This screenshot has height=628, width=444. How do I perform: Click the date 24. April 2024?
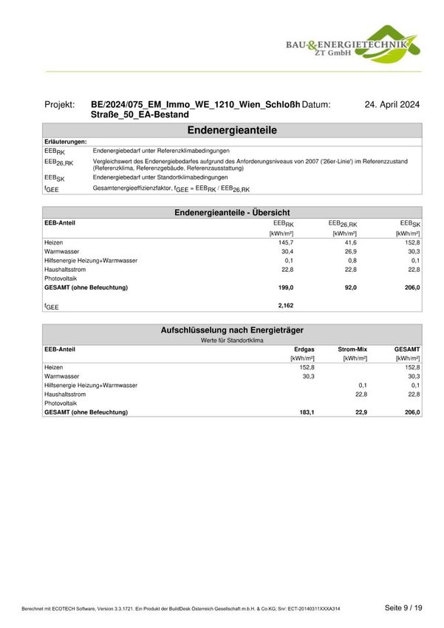(392, 105)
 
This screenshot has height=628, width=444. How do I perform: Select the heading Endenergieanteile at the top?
(232, 130)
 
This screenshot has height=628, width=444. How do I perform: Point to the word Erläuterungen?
(66, 141)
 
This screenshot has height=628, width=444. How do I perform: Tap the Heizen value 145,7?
(285, 242)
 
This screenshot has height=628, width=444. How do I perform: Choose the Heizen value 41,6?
(349, 242)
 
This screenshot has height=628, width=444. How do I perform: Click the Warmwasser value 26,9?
(349, 251)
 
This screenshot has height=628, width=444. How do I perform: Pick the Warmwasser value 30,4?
(285, 251)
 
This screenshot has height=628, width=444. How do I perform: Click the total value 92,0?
(349, 287)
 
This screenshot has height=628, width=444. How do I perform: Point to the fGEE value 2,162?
(284, 304)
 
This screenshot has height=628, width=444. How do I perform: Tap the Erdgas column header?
(304, 349)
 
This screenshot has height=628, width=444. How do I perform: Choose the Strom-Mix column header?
(352, 349)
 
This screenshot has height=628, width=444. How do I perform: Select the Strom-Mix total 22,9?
(359, 412)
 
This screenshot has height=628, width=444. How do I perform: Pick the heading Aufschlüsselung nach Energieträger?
(232, 330)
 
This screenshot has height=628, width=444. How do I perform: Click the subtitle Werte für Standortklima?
(232, 340)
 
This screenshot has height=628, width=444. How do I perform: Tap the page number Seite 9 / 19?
(403, 607)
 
